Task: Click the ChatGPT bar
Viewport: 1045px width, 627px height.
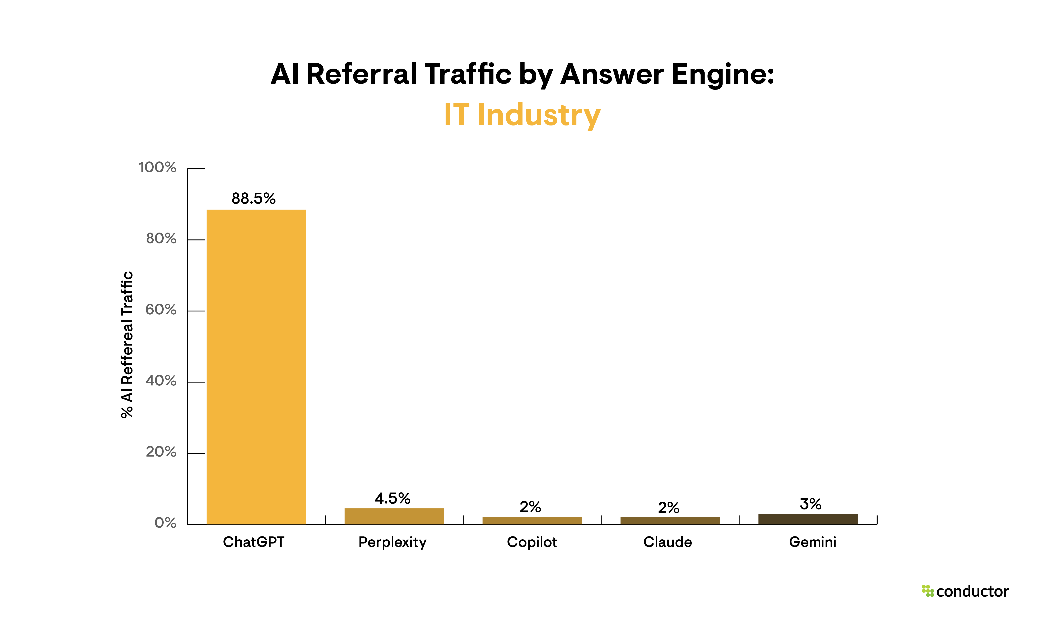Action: (256, 367)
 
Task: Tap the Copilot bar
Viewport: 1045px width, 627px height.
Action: (532, 521)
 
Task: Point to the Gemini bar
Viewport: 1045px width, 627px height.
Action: (808, 519)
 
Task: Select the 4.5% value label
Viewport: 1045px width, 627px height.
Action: (392, 499)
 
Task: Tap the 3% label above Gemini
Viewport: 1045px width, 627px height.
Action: (810, 504)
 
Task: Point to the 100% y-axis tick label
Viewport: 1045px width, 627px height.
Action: (158, 167)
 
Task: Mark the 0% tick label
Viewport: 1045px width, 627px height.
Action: (165, 523)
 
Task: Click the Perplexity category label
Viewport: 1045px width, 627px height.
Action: (392, 542)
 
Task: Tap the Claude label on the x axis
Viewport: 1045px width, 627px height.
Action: (668, 542)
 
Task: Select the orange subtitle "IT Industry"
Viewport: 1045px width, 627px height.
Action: (522, 115)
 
